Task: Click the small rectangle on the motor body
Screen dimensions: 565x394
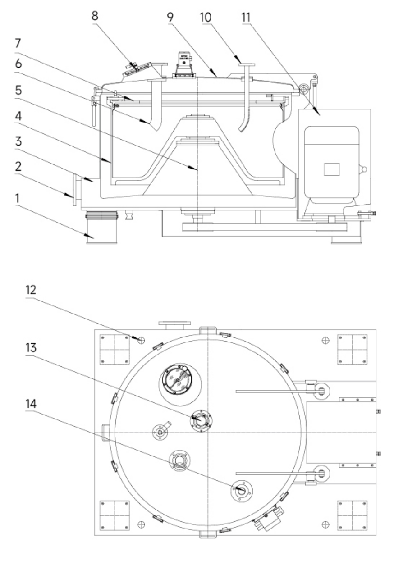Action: [331, 169]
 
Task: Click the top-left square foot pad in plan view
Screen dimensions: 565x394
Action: [114, 349]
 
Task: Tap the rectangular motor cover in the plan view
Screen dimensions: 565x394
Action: [341, 433]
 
